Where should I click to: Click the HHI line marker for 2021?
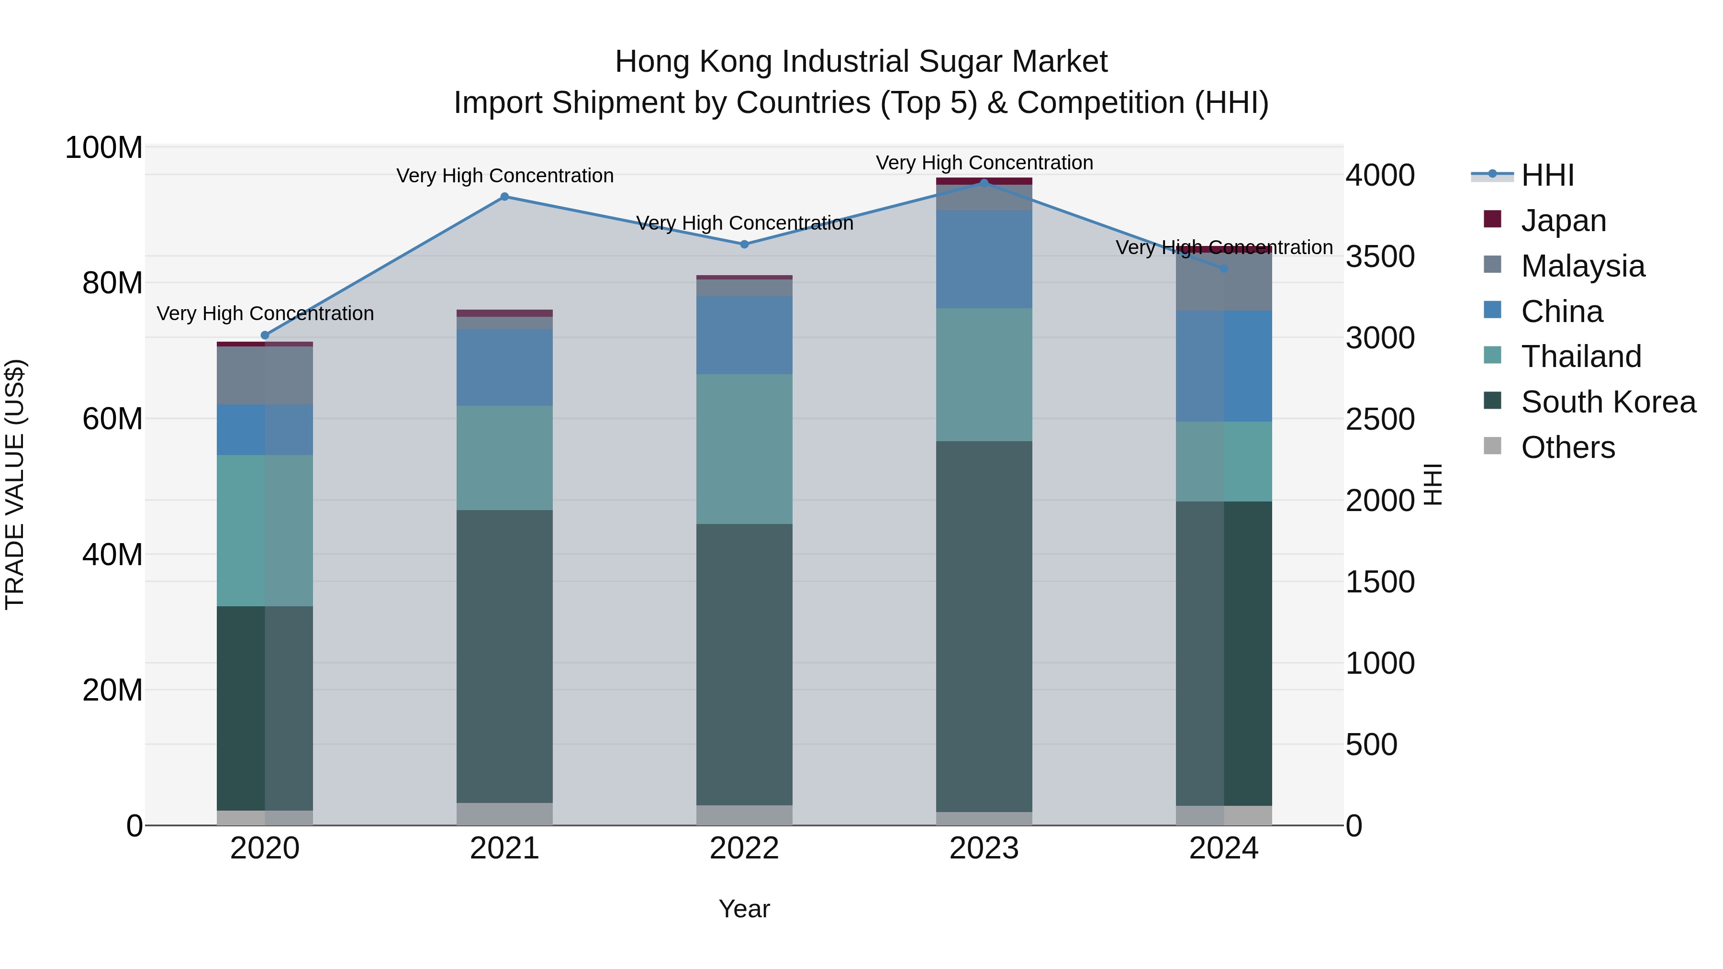504,197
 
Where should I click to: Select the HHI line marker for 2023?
984,183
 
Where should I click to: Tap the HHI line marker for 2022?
744,244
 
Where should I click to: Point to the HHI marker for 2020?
265,335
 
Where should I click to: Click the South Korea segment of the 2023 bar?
984,625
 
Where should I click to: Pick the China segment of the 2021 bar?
504,367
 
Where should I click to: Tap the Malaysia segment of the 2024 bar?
1224,281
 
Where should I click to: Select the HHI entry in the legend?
1546,175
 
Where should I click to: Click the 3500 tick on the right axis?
1380,257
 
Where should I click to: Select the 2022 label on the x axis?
744,848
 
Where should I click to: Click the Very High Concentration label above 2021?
504,176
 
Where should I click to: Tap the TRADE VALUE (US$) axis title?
15,484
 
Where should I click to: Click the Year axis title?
744,909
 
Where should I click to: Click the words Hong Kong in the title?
694,62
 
